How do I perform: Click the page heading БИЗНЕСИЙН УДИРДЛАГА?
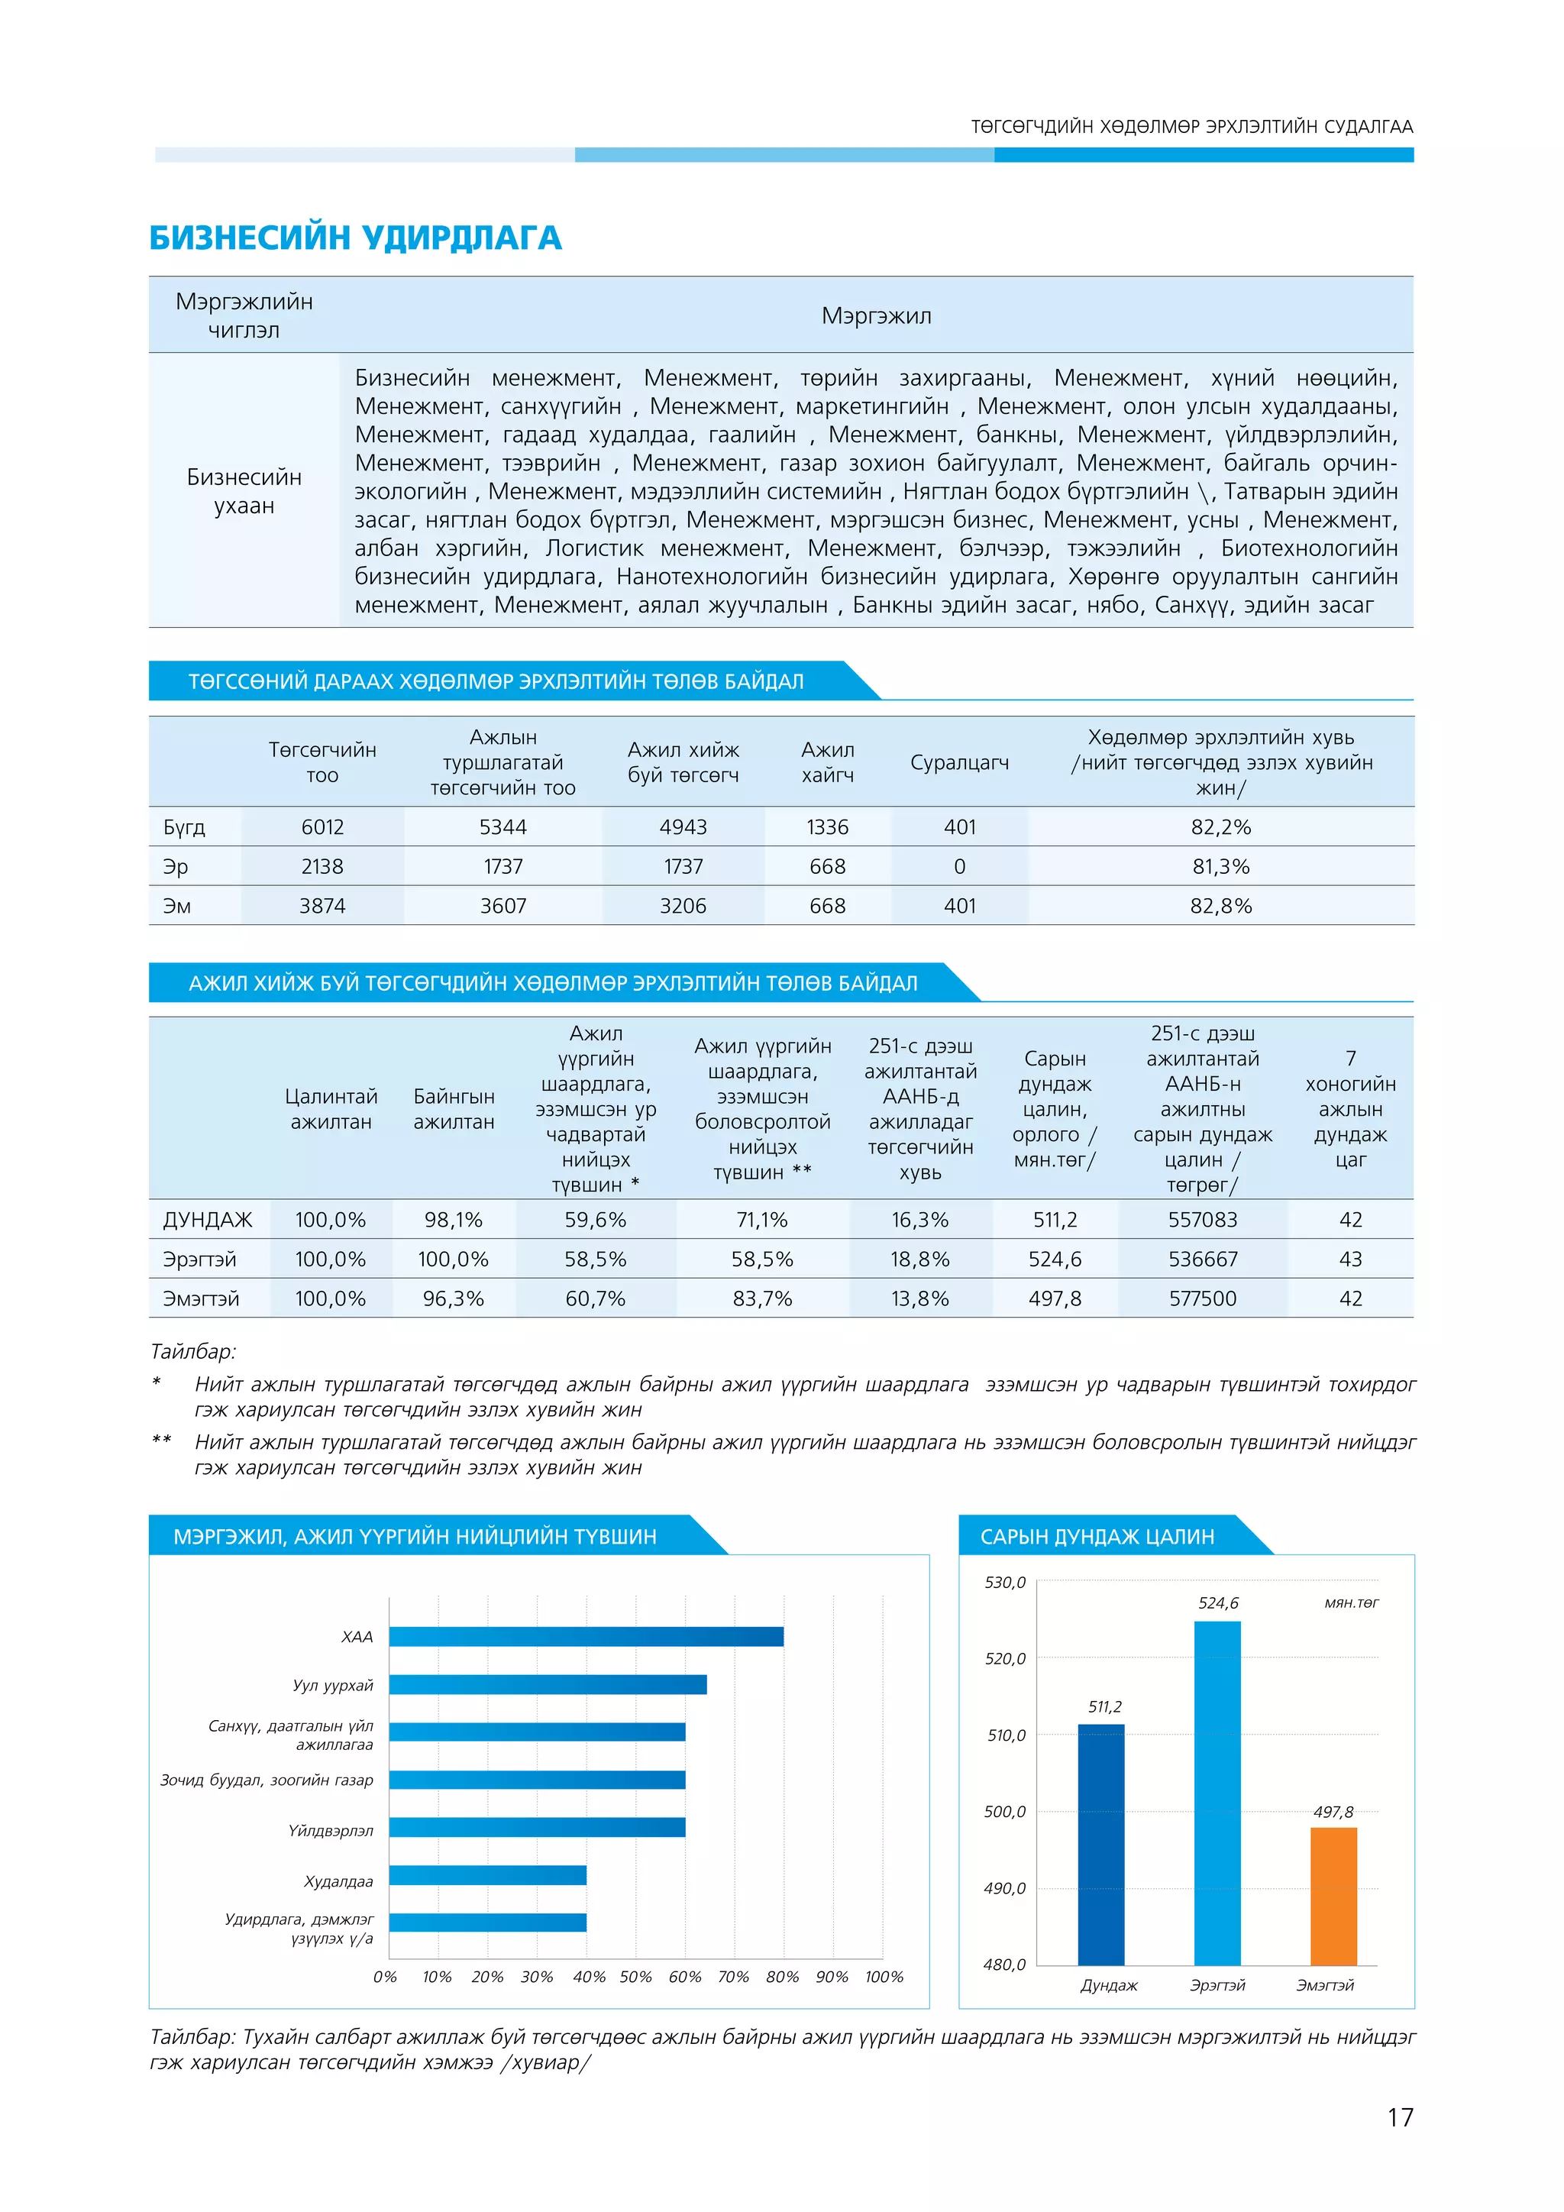[x=354, y=238]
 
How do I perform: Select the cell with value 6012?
[x=322, y=826]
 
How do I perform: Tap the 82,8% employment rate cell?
[x=1220, y=906]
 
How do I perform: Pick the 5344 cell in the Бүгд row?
[x=502, y=826]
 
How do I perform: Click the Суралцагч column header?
[x=959, y=762]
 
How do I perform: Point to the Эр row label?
[x=176, y=866]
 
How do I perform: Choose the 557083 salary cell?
[x=1202, y=1220]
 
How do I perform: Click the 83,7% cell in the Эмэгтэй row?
[x=762, y=1298]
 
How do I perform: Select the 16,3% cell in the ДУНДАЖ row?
[x=919, y=1220]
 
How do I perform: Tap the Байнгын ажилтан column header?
[x=454, y=1109]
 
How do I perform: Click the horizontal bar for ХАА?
[x=586, y=1636]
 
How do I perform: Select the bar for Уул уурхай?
[x=547, y=1684]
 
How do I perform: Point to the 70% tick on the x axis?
[x=733, y=1977]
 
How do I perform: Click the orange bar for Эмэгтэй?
[x=1333, y=1896]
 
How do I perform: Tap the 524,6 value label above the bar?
[x=1217, y=1603]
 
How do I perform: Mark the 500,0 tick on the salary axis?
[x=1004, y=1811]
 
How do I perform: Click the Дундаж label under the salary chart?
[x=1109, y=1986]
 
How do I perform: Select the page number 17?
[x=1399, y=2117]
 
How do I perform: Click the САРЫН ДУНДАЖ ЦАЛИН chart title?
[x=1097, y=1537]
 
